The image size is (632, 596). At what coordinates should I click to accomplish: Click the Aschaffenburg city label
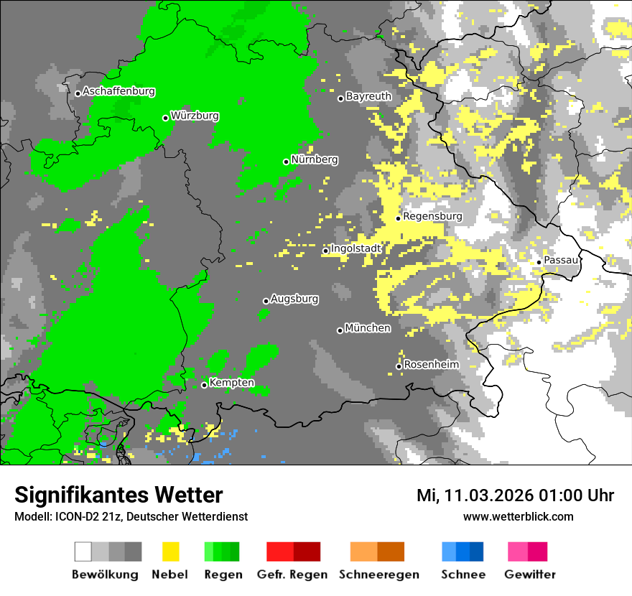pos(118,92)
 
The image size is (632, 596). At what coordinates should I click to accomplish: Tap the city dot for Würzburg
pos(165,118)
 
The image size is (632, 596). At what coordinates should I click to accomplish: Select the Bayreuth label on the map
pos(368,96)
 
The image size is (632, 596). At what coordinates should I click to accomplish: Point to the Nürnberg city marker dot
pos(286,162)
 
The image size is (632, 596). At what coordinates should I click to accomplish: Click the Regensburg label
pos(432,216)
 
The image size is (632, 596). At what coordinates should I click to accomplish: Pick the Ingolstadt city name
pos(356,248)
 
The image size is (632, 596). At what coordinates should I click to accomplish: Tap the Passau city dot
pos(539,262)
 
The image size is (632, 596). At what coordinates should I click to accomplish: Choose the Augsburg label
pos(294,299)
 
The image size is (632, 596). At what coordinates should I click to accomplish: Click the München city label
pos(368,328)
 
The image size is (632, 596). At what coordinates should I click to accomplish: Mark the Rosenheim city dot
pos(399,367)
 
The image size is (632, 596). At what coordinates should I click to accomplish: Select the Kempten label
pos(231,383)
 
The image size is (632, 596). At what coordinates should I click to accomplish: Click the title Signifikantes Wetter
pos(118,495)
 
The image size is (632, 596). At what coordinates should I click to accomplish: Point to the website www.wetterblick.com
pos(518,516)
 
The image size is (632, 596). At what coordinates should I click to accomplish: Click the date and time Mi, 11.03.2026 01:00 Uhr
pos(515,495)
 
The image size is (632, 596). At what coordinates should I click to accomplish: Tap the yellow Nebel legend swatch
pos(170,551)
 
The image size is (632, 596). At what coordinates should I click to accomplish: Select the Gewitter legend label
pos(530,574)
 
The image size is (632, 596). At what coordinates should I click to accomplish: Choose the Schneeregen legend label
pos(379,574)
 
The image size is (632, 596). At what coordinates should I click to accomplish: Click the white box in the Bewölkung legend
pos(83,551)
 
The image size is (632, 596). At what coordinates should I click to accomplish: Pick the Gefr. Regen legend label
pos(292,574)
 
